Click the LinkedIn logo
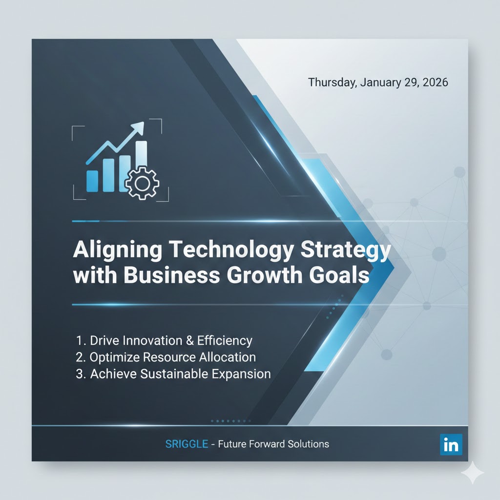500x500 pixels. point(451,445)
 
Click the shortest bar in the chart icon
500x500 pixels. point(92,180)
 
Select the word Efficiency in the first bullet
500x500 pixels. point(224,340)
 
